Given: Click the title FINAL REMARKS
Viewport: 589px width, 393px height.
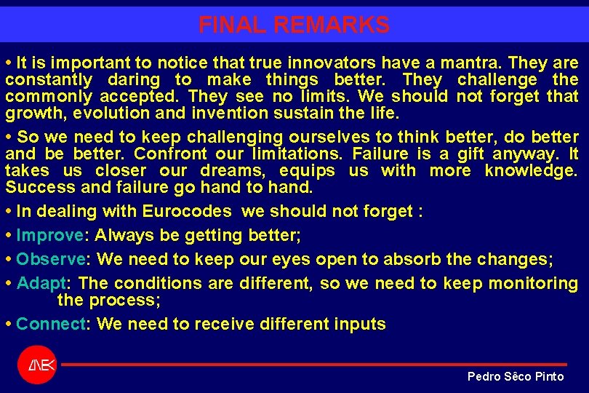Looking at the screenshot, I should point(294,25).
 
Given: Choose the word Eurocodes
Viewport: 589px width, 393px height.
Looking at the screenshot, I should point(187,212).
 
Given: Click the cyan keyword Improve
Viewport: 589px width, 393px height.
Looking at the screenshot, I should point(49,236).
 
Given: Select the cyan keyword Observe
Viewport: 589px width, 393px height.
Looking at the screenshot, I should point(50,260).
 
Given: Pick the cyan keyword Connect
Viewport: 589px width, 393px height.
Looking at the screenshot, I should point(50,324).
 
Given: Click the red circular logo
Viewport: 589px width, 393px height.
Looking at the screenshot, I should point(36,365).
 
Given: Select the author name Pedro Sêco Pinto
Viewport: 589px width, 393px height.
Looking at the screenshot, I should point(515,376).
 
